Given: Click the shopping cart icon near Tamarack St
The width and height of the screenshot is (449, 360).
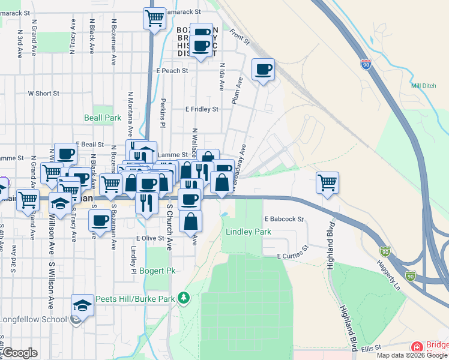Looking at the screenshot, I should (x=154, y=17).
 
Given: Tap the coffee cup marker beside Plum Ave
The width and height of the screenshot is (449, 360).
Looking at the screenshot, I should (x=263, y=70).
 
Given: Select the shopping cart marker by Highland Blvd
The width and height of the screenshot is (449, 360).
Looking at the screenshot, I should (x=327, y=181).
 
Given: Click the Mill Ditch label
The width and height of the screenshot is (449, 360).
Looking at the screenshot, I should (x=424, y=86).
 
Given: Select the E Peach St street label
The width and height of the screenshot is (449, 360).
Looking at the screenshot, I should (x=172, y=71).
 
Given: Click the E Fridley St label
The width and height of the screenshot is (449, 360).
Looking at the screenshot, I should (x=201, y=109).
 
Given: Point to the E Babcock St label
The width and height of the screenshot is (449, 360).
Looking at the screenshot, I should (x=283, y=219).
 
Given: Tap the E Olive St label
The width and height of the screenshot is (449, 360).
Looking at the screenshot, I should (x=149, y=238).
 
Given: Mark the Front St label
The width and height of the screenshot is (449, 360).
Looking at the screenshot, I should (x=239, y=38).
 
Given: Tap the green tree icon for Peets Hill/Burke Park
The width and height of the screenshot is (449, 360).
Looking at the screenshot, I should (x=186, y=298).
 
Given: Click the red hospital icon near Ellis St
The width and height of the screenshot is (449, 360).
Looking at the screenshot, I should (x=417, y=347).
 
